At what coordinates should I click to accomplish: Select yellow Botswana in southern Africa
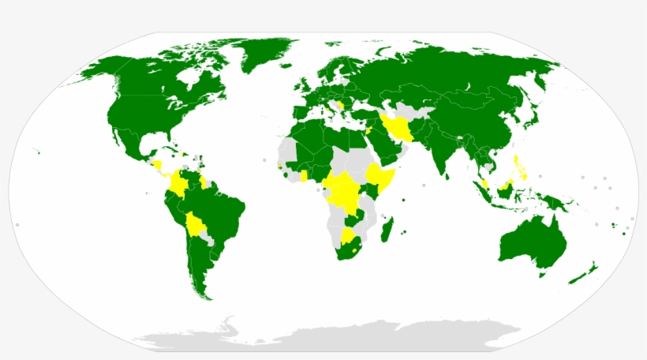click(348, 236)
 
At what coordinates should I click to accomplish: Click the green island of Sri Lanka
click(446, 179)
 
